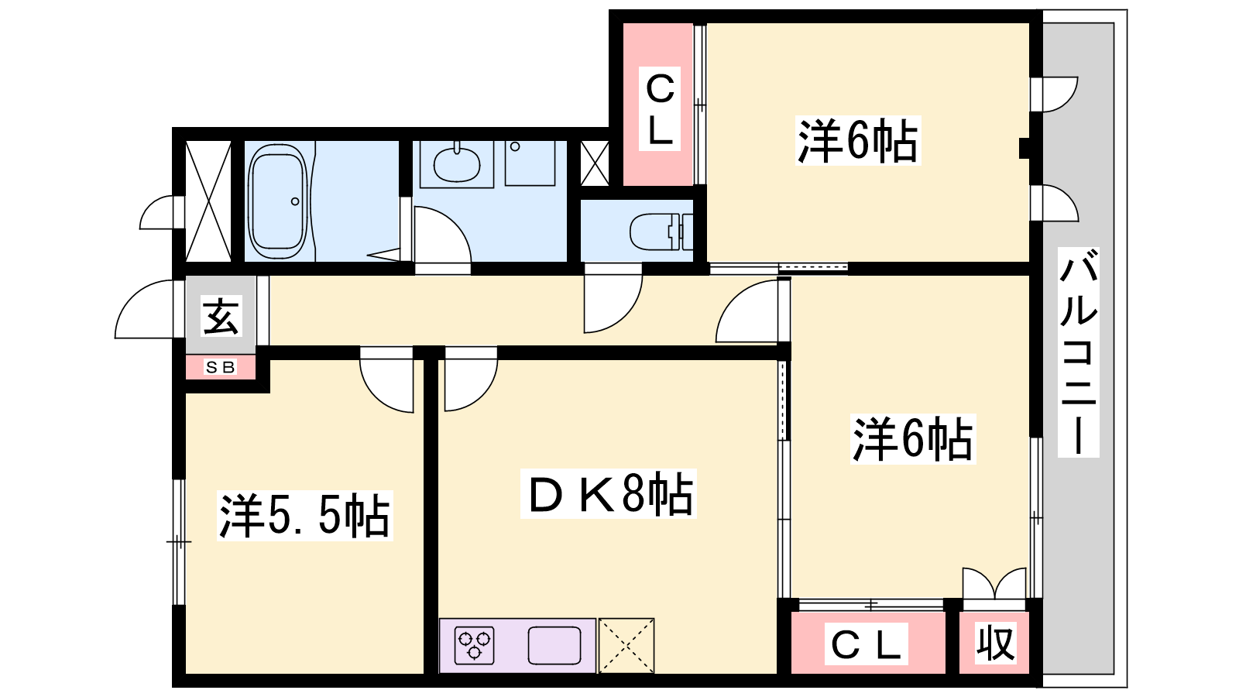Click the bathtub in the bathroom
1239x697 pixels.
point(278,201)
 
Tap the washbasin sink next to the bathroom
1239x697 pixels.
point(457,164)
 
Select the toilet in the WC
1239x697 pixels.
point(661,232)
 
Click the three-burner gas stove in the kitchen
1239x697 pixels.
point(474,646)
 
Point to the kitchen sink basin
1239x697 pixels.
point(554,646)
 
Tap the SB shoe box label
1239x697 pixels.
point(220,367)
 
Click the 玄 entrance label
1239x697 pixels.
point(221,317)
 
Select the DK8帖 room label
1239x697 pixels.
point(609,494)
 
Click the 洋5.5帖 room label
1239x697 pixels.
point(305,516)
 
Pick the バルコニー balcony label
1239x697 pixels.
point(1078,352)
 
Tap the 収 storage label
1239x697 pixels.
point(995,643)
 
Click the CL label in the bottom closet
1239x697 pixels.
point(867,644)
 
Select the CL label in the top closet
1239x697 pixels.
point(659,109)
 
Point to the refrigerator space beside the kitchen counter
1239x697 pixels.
point(626,646)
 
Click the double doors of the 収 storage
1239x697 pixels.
point(994,582)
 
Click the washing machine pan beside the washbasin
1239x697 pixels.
point(530,163)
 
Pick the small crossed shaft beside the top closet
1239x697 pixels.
point(595,163)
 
